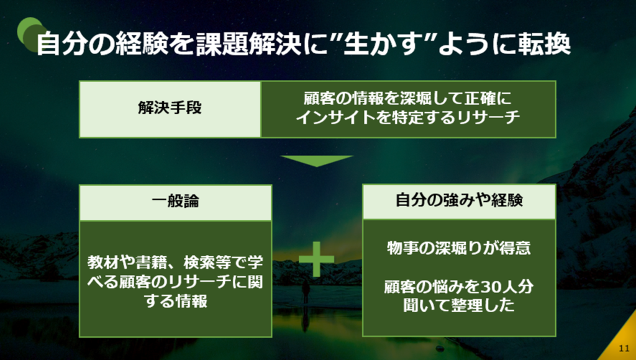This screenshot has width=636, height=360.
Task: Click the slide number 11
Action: [x=624, y=348]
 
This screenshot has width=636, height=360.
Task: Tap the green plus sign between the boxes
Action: [x=316, y=259]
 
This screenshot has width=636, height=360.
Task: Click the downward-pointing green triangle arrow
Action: [x=317, y=161]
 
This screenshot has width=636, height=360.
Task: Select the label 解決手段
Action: [x=170, y=108]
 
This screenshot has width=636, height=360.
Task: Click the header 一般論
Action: [x=175, y=201]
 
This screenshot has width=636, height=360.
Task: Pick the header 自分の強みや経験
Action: [x=459, y=200]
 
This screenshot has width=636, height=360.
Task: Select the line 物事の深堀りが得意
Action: [x=459, y=248]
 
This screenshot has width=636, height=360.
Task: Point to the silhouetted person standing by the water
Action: [x=306, y=293]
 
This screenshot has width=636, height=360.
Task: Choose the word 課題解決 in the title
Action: [x=248, y=43]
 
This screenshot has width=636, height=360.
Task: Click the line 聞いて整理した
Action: [x=459, y=305]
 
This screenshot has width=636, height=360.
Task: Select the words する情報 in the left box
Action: [x=176, y=301]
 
